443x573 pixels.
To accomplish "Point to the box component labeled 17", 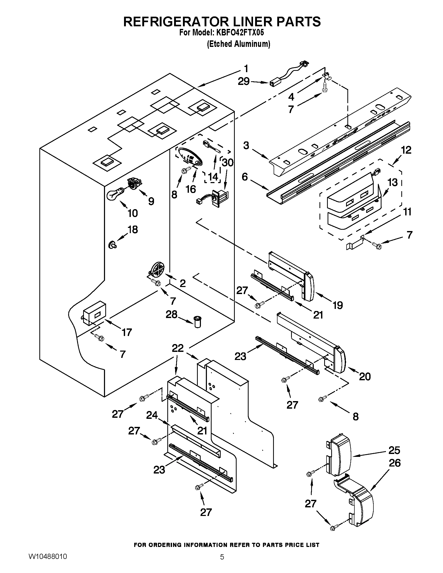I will coord(94,313).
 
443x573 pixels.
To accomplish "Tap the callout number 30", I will coord(227,163).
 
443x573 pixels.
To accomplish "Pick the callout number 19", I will coord(338,305).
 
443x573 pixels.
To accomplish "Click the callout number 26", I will coord(395,463).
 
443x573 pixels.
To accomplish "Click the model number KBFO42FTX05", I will coord(239,33).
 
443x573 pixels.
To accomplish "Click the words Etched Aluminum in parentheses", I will coord(238,44).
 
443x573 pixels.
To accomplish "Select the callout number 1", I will coord(246,69).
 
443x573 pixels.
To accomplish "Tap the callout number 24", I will coord(152,415).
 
